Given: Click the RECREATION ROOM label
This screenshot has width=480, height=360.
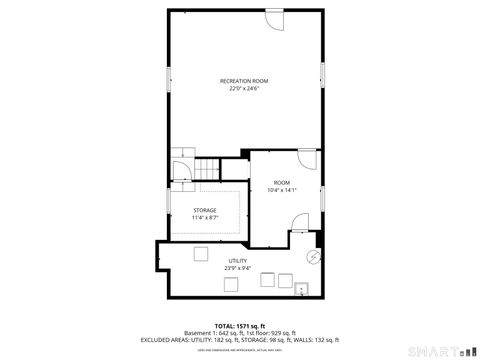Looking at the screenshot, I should (243, 80).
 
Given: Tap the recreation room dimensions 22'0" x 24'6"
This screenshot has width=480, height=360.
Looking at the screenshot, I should (243, 88).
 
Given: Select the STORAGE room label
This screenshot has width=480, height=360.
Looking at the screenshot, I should (204, 210).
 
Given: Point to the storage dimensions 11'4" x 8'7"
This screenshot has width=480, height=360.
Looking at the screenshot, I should (204, 218).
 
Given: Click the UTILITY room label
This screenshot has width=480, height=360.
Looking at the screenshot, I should (237, 261).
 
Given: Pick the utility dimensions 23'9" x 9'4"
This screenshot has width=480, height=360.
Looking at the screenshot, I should (237, 268).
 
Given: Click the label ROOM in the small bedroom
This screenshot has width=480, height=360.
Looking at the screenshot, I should (282, 182).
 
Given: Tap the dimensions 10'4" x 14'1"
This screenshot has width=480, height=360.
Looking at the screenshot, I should (283, 190).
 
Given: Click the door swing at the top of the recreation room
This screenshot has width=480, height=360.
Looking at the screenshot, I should (274, 19).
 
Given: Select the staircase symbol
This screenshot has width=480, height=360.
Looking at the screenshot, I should (207, 170).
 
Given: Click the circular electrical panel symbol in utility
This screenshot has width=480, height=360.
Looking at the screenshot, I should (313, 257).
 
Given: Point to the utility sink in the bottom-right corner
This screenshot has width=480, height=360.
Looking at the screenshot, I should (302, 289).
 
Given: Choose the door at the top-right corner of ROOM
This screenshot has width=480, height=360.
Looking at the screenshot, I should (307, 158).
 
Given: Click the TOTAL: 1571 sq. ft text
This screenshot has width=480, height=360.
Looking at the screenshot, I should (239, 326).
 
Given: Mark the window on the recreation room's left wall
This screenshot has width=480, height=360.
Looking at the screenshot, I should (167, 81).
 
